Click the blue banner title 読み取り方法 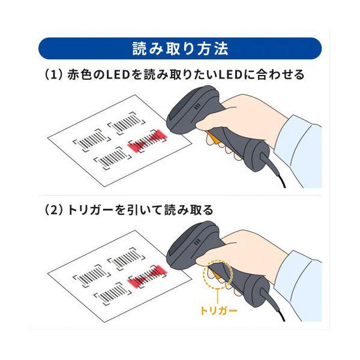180,48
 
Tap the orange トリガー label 218,311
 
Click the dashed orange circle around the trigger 217,275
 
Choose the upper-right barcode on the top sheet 126,125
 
